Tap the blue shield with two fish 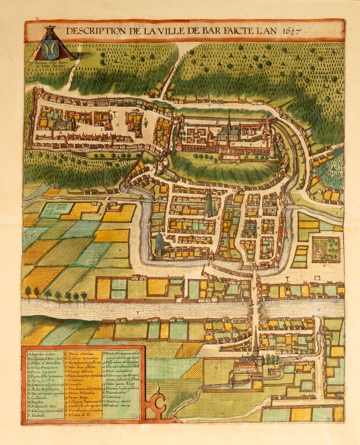(x=50, y=49)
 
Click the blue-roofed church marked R (x=159, y=243)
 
